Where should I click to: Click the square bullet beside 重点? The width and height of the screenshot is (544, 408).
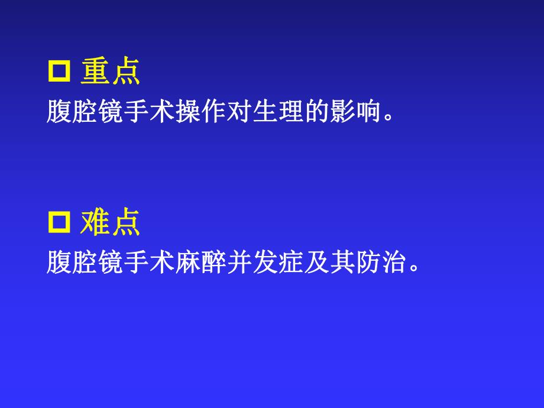59,72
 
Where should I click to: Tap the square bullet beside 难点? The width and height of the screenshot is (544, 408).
59,223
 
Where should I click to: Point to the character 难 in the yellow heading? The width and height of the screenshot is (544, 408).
95,223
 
